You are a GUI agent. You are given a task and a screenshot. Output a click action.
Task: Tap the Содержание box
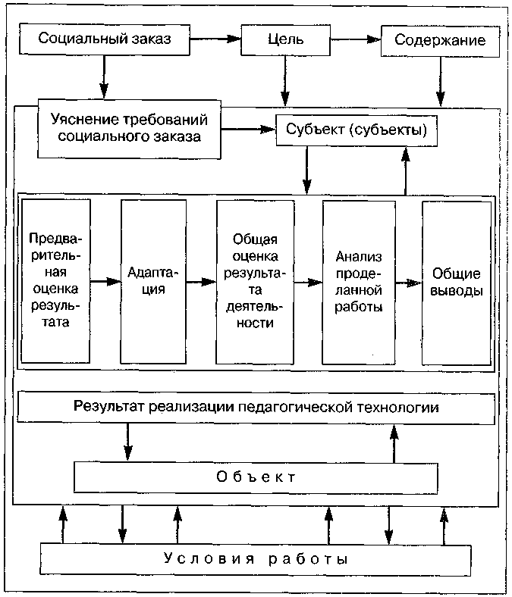tap(441, 39)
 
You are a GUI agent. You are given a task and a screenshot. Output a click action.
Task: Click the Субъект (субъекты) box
tap(357, 130)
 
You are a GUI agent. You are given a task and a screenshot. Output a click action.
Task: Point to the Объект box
tap(255, 477)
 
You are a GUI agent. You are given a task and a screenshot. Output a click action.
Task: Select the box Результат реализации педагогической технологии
tap(256, 407)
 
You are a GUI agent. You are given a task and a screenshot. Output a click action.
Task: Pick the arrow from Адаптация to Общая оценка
tap(199, 282)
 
